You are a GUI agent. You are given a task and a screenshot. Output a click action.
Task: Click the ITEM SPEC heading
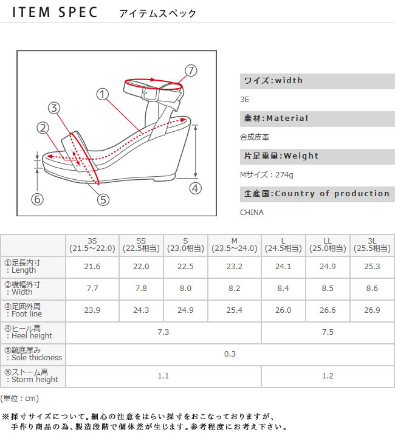point(55,13)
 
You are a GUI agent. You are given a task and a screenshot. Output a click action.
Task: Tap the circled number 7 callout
point(191,70)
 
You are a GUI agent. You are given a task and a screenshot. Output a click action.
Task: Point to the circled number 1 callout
point(102,94)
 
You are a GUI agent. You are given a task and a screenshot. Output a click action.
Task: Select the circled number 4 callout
point(195,188)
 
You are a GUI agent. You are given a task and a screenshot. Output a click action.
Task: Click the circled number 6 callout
point(38,199)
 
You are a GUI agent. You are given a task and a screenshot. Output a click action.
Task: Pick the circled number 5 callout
point(103,199)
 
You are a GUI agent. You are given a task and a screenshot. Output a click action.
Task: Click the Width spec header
point(273,81)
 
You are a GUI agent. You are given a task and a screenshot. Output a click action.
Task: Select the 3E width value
point(245,99)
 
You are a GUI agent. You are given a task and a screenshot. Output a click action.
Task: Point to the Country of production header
point(317,194)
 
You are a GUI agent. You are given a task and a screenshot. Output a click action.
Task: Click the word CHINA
point(252,213)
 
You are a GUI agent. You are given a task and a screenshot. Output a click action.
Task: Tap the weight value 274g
point(267,175)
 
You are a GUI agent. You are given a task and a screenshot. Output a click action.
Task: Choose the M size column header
point(234,245)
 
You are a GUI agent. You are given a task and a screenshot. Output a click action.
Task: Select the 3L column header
point(372,245)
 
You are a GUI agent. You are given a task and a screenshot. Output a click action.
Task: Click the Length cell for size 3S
point(92,267)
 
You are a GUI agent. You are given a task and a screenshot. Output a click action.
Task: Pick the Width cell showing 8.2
point(234,289)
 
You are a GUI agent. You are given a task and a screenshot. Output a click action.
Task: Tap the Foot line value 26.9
point(372,310)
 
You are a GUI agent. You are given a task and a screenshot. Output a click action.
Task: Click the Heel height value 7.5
point(328,332)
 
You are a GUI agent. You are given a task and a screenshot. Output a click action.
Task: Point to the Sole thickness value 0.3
point(230,354)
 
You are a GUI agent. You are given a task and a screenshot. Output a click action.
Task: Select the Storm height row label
point(33,376)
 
